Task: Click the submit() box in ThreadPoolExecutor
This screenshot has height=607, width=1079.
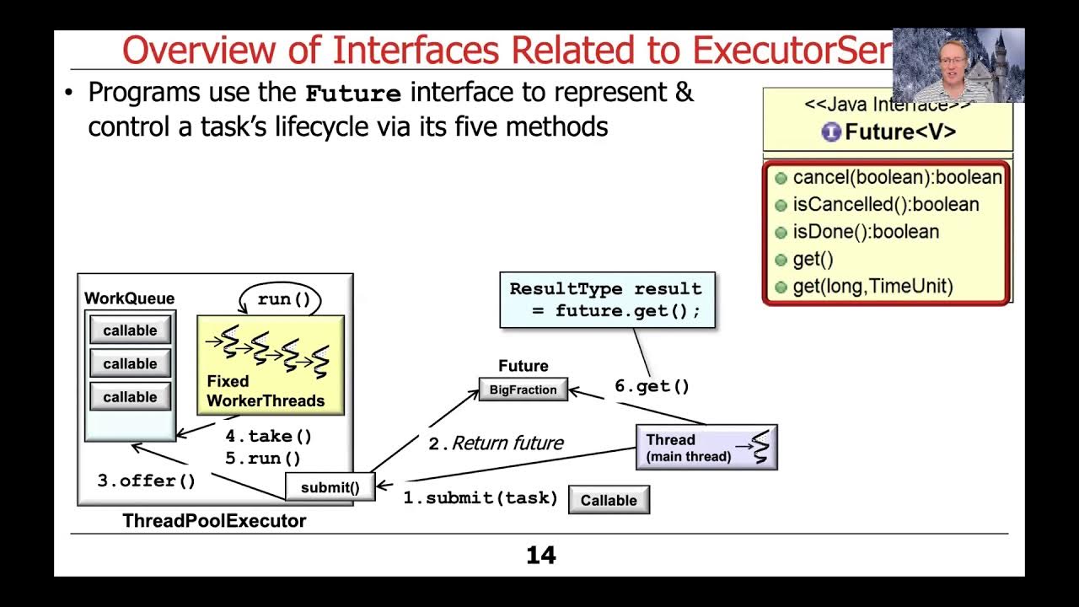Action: (x=330, y=487)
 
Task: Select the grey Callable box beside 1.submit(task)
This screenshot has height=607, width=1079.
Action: (x=609, y=500)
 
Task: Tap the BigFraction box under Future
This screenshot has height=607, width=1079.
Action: (x=523, y=389)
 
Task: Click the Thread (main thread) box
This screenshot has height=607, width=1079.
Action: (x=706, y=448)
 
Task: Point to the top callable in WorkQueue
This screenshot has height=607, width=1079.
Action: (x=130, y=330)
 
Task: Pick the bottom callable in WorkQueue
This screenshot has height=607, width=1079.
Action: (x=130, y=397)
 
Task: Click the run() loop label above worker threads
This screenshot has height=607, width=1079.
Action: (x=284, y=299)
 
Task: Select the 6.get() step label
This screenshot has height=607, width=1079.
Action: (x=652, y=386)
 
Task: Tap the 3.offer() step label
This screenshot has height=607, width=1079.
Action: (x=147, y=481)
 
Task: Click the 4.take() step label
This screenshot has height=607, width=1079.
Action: (x=268, y=436)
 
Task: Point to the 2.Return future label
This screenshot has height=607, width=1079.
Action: (x=496, y=443)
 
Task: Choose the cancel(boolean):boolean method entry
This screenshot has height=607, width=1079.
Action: (x=896, y=178)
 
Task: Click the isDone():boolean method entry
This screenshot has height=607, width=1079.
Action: (x=865, y=232)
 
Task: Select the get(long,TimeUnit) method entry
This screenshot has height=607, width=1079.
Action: (x=872, y=287)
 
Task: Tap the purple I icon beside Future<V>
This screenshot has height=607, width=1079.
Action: (x=831, y=132)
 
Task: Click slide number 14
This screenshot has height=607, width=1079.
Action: (x=540, y=556)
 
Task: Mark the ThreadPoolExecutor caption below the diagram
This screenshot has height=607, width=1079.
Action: (x=214, y=521)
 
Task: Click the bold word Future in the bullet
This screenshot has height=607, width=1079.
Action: (x=353, y=93)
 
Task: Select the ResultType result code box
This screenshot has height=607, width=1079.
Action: (x=607, y=299)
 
